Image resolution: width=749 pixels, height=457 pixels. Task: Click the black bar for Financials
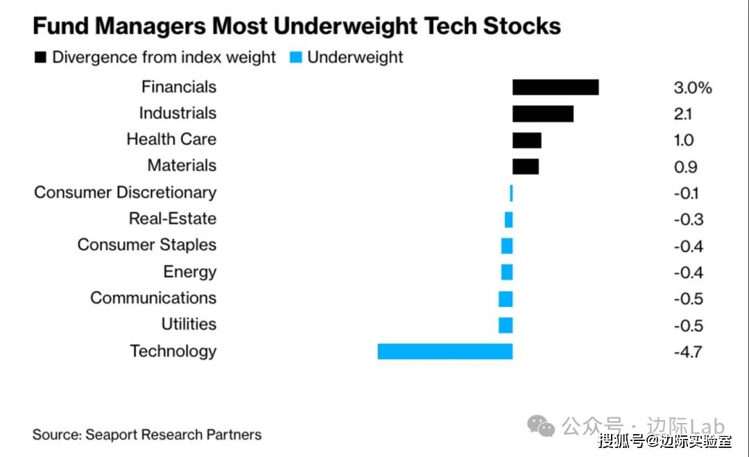[x=555, y=87]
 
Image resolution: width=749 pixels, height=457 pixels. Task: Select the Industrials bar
[x=542, y=113]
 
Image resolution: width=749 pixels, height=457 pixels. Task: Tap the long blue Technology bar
[x=445, y=351]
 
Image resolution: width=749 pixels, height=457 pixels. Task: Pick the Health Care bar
[x=526, y=140]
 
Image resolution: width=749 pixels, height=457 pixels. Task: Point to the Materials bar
[x=525, y=167]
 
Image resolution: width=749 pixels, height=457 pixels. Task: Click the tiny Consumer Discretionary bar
[x=511, y=193]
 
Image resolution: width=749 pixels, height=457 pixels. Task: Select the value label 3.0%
[x=692, y=88]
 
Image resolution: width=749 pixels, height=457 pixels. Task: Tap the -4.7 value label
[x=687, y=351]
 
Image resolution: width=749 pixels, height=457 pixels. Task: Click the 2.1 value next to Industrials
[x=682, y=114]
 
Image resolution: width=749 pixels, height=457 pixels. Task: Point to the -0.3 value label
[x=688, y=219]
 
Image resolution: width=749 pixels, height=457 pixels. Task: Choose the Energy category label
[x=189, y=272]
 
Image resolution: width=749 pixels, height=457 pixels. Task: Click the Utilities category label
[x=189, y=324]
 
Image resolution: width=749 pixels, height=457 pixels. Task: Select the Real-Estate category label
[x=172, y=219]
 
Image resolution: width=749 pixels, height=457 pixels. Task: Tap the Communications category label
[x=153, y=298]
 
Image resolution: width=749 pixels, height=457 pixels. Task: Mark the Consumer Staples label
[x=146, y=245]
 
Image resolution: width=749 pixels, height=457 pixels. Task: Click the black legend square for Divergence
[x=41, y=58]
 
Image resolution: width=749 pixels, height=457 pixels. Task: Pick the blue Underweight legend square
[x=296, y=58]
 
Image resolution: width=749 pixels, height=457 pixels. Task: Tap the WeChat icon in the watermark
[x=542, y=426]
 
